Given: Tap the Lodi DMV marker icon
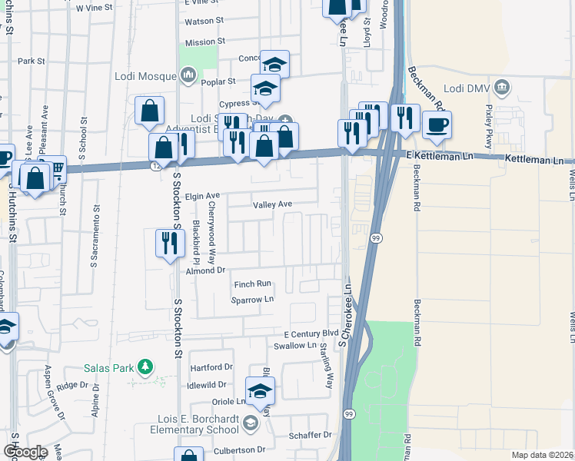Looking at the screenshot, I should (x=503, y=85).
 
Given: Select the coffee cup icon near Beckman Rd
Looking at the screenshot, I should (x=437, y=125).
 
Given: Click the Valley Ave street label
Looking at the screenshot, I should (x=273, y=204).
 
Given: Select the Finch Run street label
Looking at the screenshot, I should (x=253, y=284).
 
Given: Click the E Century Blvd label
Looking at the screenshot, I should (x=311, y=334).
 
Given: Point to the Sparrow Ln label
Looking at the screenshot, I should (x=253, y=300).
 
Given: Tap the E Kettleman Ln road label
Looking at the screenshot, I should (x=437, y=156).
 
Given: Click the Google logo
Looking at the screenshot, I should (x=25, y=451).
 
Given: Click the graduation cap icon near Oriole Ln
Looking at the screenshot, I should (x=260, y=392).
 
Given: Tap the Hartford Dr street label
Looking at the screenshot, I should (x=211, y=367).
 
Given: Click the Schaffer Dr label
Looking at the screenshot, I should (x=311, y=434).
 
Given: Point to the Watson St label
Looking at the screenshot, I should (x=204, y=21).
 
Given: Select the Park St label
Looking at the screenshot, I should (x=32, y=61).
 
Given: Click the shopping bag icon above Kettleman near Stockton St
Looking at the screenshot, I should (x=149, y=111).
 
